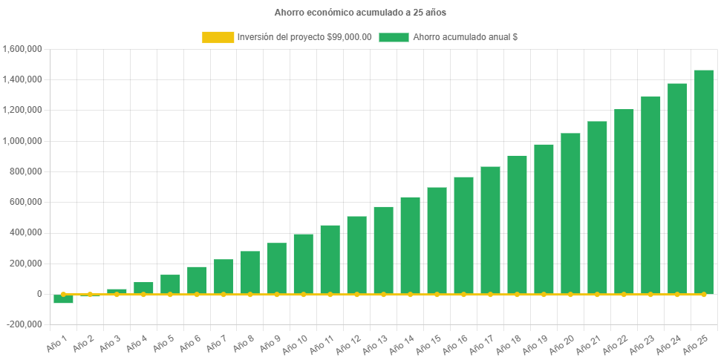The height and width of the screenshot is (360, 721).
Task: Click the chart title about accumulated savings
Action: pyautogui.click(x=360, y=13)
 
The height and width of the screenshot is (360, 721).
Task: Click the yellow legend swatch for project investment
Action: pyautogui.click(x=218, y=37)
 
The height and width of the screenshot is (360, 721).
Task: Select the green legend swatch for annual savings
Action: pyautogui.click(x=394, y=37)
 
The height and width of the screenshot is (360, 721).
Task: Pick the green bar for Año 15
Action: pyautogui.click(x=437, y=240)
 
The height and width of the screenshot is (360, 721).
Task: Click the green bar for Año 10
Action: pyautogui.click(x=303, y=264)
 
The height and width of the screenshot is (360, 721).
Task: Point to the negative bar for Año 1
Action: pyautogui.click(x=63, y=299)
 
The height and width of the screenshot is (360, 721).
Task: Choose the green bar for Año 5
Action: pyautogui.click(x=170, y=284)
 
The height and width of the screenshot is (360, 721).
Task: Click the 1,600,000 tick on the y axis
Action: pyautogui.click(x=22, y=49)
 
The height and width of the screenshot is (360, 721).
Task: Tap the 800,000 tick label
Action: pyautogui.click(x=27, y=171)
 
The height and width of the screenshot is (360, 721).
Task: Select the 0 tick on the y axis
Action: pyautogui.click(x=38, y=294)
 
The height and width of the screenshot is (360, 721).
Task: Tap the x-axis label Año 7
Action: pyautogui.click(x=217, y=342)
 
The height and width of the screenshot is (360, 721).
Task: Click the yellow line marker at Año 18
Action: pyautogui.click(x=517, y=295)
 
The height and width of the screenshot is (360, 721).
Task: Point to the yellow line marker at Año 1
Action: pyautogui.click(x=63, y=295)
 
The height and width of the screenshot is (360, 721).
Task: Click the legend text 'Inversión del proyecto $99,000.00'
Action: pyautogui.click(x=304, y=37)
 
